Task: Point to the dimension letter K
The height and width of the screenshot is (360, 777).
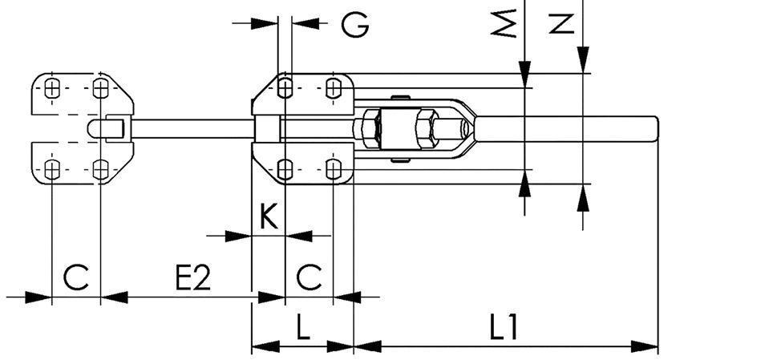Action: (x=269, y=216)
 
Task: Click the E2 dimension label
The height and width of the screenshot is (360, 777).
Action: (x=192, y=277)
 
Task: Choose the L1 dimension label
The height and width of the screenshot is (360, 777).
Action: (x=504, y=329)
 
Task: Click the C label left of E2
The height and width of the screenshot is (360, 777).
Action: (x=75, y=277)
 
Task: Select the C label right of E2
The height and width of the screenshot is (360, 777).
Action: (x=309, y=277)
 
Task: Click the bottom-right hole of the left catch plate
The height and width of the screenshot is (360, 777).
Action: (x=100, y=168)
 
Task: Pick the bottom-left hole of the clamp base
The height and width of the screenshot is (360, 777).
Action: (x=285, y=168)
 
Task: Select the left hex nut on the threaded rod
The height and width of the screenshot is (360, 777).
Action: (x=368, y=128)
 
